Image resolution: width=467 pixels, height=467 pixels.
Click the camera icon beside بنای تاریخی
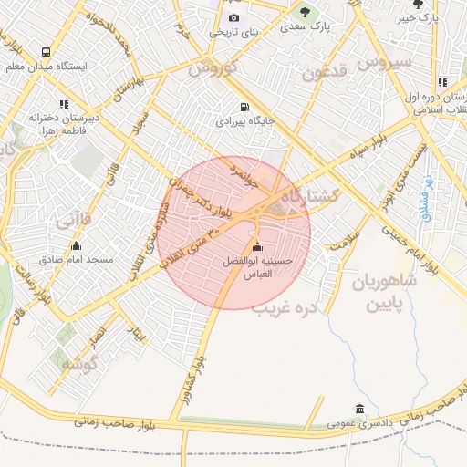[x=233, y=18]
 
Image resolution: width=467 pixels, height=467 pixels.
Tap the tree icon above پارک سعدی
[x=305, y=12]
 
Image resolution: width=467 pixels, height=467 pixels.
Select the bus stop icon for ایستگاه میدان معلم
[x=46, y=52]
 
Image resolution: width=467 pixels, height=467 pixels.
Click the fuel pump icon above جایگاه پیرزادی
[x=242, y=106]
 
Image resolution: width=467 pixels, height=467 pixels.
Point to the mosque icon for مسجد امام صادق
[x=75, y=246]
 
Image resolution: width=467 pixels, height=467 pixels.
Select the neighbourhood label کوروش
[x=213, y=67]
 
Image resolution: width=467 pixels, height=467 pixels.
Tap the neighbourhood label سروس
[x=385, y=62]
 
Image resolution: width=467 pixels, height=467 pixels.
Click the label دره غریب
[x=289, y=308]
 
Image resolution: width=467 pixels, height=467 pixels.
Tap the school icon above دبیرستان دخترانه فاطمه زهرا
[x=64, y=104]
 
